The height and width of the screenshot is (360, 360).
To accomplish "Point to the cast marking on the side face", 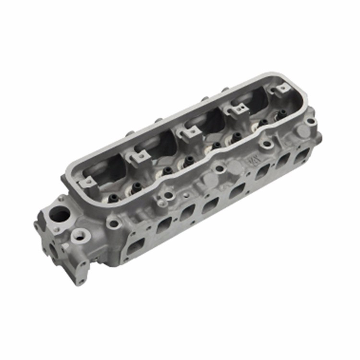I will click(x=252, y=160).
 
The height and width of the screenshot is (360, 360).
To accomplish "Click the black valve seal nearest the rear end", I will click(x=282, y=113).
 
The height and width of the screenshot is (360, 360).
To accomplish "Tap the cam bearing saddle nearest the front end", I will click(x=86, y=182).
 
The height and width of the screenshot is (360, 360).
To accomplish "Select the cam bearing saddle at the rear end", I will click(x=283, y=88).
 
